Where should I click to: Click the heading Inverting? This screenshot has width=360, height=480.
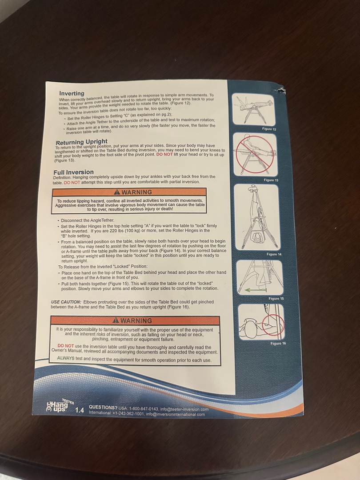tap(72, 93)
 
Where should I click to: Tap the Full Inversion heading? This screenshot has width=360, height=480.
tap(73, 172)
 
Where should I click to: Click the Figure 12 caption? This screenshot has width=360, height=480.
tap(269, 129)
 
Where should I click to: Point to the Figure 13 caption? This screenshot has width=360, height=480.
tap(271, 180)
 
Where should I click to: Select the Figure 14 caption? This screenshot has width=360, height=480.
tap(274, 254)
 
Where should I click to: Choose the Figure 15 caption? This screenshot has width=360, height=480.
tap(276, 298)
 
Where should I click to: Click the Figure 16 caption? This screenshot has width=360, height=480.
tap(278, 343)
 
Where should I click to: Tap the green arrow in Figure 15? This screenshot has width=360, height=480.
tap(256, 290)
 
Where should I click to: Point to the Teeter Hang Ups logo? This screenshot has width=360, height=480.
tap(59, 406)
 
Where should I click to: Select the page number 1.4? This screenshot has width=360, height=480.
tap(80, 410)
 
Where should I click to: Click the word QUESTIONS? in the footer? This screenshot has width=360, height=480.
tap(103, 408)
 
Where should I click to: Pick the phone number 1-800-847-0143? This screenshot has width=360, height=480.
tap(144, 409)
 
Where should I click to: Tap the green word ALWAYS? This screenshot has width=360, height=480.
tap(66, 358)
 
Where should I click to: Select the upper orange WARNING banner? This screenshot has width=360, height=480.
tap(129, 192)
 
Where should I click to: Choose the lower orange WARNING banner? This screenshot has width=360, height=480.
tap(135, 320)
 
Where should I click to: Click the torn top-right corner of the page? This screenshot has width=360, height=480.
tap(282, 90)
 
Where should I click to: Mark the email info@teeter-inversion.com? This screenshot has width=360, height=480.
tap(184, 409)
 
